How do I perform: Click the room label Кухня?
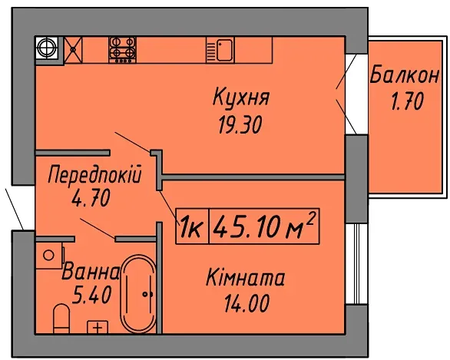click(x=241, y=97)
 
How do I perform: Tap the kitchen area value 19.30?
click(x=240, y=125)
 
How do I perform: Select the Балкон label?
click(x=405, y=75)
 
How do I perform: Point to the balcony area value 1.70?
click(x=407, y=101)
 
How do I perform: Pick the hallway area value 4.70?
click(x=91, y=199)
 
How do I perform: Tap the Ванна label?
click(x=91, y=272)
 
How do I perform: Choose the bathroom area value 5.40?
click(x=92, y=296)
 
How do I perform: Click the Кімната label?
click(x=246, y=277)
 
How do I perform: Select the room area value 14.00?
click(x=247, y=303)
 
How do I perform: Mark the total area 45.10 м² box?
click(x=265, y=226)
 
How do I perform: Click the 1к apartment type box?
click(x=193, y=226)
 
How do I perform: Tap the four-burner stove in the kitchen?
click(x=123, y=49)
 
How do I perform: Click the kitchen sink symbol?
click(x=220, y=49)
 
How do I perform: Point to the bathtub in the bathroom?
click(x=138, y=294)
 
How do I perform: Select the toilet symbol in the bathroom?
click(x=61, y=318)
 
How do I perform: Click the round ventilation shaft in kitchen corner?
click(x=47, y=48)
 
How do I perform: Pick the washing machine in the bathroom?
click(x=49, y=255)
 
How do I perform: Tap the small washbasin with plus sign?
click(x=98, y=327)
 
